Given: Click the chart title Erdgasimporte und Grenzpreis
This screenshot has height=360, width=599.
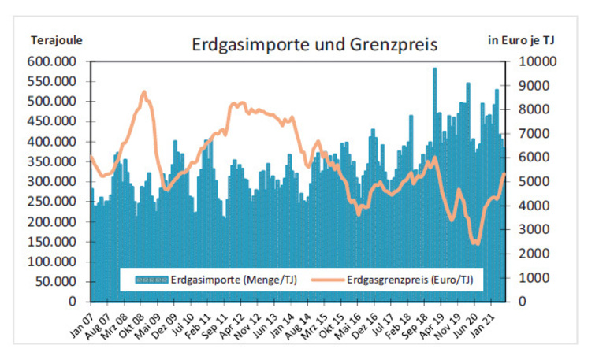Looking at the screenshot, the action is [x=314, y=45].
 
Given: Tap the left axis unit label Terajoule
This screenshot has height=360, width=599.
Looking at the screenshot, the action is [x=57, y=40].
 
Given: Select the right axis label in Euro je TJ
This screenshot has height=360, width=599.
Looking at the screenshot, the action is [x=521, y=40].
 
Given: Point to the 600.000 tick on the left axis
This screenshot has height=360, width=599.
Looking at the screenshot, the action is [x=51, y=61].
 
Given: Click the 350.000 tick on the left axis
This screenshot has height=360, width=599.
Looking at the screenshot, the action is [x=51, y=161].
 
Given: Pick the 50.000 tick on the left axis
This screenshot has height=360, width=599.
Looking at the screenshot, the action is [x=56, y=282].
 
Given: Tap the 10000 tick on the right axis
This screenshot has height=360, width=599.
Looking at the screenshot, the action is [x=538, y=61].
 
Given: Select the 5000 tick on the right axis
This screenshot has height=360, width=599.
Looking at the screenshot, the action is [x=534, y=181].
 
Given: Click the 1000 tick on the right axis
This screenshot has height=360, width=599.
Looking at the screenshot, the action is [x=534, y=277].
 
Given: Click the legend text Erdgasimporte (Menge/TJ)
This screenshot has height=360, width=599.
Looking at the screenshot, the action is [x=234, y=280].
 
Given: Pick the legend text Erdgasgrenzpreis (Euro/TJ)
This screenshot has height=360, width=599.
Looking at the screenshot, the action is [x=410, y=280].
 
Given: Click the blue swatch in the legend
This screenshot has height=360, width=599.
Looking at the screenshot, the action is [x=151, y=280].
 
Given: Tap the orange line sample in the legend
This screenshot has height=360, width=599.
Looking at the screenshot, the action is [x=328, y=280].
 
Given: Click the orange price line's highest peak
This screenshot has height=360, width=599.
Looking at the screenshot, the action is [x=144, y=92].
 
